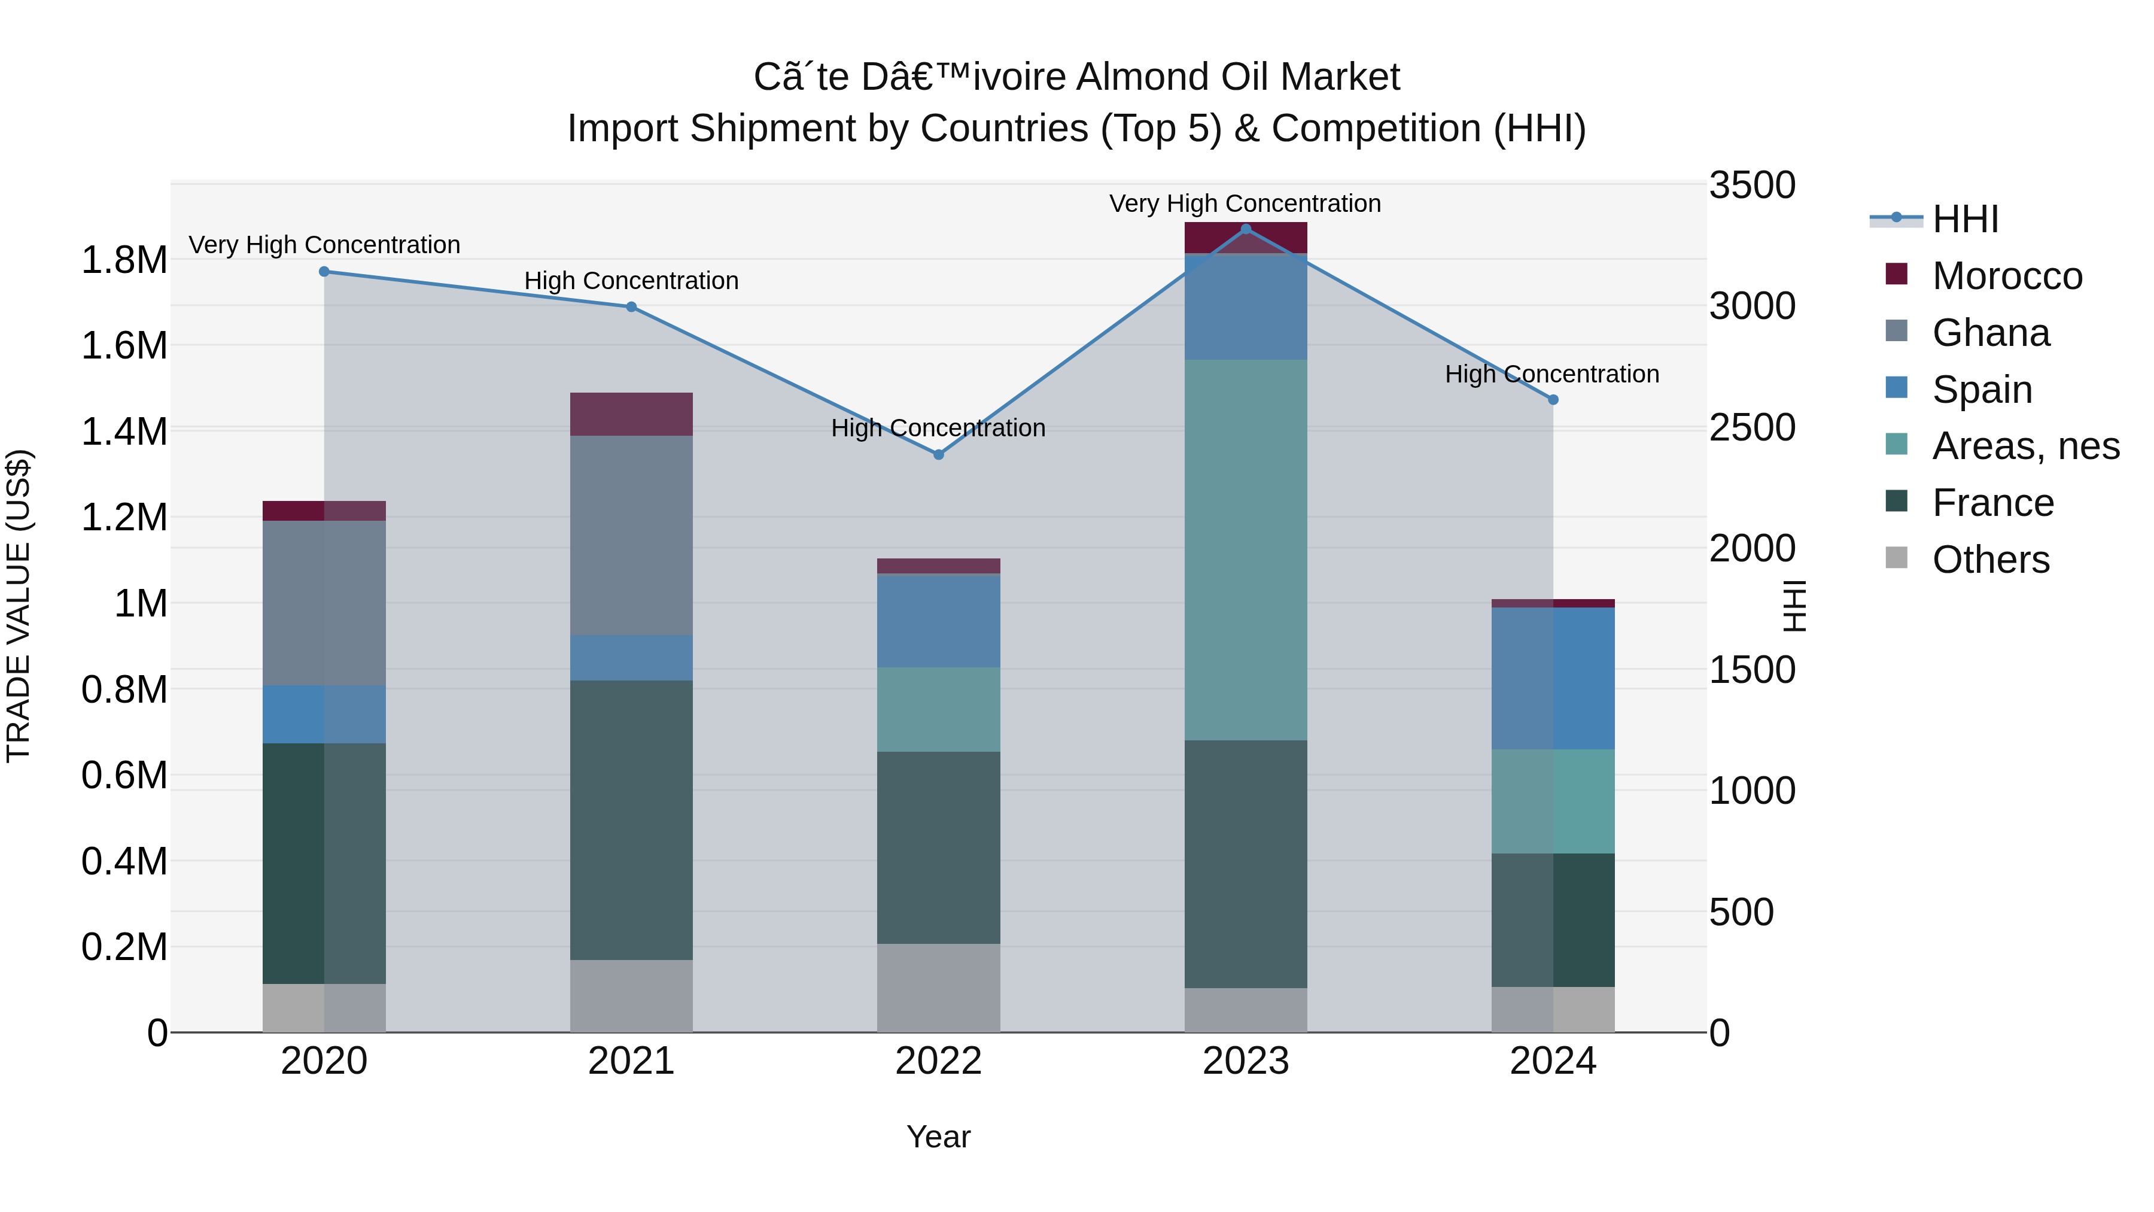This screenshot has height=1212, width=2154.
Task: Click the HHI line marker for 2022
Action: (x=938, y=454)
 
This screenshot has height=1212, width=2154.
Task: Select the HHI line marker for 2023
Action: (x=1246, y=229)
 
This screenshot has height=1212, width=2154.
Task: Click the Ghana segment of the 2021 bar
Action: (x=631, y=535)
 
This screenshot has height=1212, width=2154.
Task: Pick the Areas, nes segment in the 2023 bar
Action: (x=1246, y=549)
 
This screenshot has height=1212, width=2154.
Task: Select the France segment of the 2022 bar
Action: (x=938, y=848)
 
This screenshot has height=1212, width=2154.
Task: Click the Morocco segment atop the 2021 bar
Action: (x=631, y=414)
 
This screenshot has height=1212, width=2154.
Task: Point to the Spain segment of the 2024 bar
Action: (x=1553, y=678)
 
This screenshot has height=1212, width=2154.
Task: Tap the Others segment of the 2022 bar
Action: (x=938, y=988)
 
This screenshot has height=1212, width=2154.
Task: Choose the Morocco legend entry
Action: (x=2007, y=276)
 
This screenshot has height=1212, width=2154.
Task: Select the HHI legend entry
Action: (x=1965, y=219)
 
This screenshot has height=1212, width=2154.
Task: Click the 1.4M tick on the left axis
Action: (x=124, y=432)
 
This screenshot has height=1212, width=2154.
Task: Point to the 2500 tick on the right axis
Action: (x=1752, y=427)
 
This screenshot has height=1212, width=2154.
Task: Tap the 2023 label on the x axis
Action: (x=1246, y=1061)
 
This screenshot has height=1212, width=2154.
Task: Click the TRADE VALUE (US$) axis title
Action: (x=19, y=606)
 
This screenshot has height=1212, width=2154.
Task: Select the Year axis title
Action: (x=938, y=1137)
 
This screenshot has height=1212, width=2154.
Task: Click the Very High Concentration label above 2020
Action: (x=324, y=245)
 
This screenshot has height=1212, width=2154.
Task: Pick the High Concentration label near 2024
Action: (x=1552, y=374)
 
